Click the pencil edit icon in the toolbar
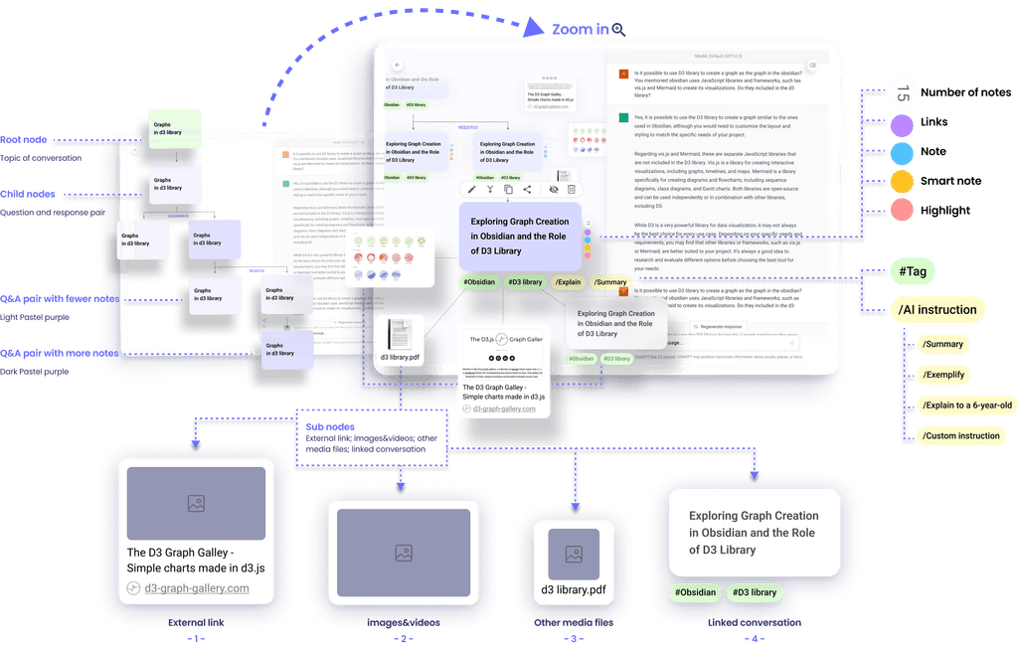coord(471,189)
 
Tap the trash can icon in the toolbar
coord(571,189)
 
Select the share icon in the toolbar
coord(527,189)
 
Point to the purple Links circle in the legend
coord(902,123)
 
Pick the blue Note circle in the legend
coord(902,152)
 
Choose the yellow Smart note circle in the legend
coord(902,181)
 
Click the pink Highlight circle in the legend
coord(902,210)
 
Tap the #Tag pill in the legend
coord(912,270)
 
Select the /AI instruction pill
coord(936,310)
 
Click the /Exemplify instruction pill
coord(943,375)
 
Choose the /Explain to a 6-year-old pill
coord(966,404)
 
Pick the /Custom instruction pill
coord(960,435)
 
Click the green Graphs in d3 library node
coord(167,127)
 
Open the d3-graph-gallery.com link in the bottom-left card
coord(197,588)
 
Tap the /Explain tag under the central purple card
coord(568,282)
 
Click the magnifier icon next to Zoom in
coord(618,30)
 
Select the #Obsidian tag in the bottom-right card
coord(695,592)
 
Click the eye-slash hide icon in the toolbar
coord(554,189)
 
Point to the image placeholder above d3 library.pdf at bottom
coord(573,554)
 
